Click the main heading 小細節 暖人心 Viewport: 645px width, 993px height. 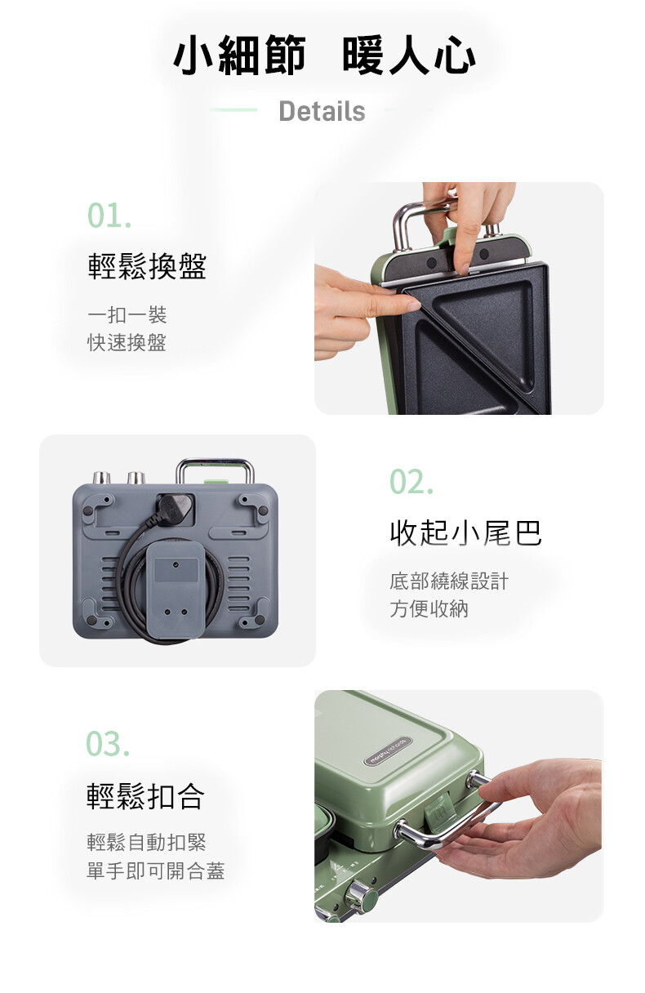pos(324,56)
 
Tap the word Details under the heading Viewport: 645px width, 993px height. pos(322,111)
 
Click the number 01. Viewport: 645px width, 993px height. pos(109,216)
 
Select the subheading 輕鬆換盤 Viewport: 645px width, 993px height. pos(147,267)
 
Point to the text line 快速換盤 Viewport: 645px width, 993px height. pos(127,343)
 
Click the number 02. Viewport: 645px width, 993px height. pos(411,482)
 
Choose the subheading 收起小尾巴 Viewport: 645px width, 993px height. pos(465,532)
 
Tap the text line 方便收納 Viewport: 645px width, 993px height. pos(429,608)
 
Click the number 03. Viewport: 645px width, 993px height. pos(108,744)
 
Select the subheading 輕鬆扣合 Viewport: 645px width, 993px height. pos(145,796)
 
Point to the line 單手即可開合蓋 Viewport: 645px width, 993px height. pos(156,870)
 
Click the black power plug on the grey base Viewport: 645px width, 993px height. pos(175,510)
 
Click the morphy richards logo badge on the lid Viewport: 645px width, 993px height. pos(388,750)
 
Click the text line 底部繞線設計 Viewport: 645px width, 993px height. pos(449,581)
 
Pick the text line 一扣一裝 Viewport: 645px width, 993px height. pos(127,315)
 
